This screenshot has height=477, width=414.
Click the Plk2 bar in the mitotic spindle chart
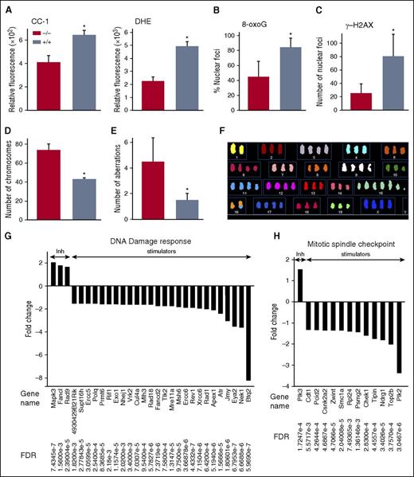398,338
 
